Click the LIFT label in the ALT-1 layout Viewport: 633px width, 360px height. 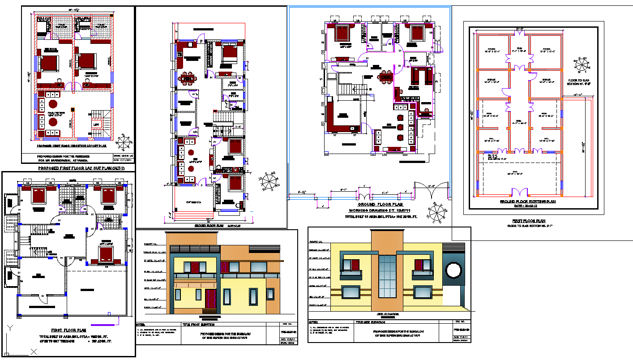96,125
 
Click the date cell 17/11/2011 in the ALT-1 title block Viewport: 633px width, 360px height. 123,160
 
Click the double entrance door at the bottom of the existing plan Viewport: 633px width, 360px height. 519,193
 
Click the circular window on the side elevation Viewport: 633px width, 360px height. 453,270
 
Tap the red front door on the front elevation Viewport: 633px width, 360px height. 210,299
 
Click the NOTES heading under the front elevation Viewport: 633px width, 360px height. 141,325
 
